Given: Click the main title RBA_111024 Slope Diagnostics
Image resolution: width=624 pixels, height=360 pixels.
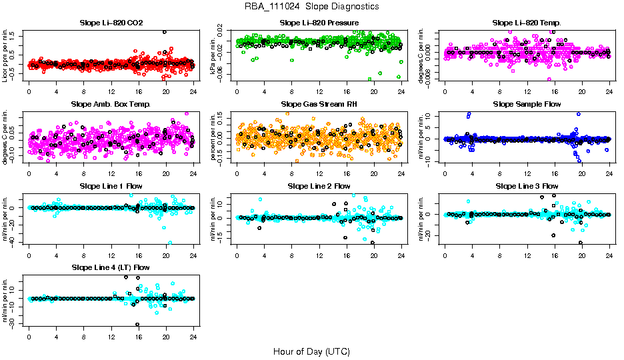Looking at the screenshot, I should coord(312,6).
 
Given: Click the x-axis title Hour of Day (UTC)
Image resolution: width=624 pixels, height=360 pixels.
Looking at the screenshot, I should coord(311,351).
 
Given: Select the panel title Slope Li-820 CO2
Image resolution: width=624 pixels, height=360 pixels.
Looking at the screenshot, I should coord(111,23).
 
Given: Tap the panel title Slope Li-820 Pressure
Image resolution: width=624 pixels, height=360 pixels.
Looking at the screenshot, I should coord(319,23).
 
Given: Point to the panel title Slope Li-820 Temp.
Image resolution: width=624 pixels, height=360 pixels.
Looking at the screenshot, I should coord(527,23).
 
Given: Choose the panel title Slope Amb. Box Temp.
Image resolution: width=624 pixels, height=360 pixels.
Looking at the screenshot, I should coord(111,104).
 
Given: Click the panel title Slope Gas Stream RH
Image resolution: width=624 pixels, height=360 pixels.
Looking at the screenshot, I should coord(319,104).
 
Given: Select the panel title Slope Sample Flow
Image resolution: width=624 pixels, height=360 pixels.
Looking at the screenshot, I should coord(527,104).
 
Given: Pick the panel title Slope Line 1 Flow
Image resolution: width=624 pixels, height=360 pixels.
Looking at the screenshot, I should coord(111,185).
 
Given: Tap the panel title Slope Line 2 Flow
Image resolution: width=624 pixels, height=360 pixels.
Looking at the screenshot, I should coord(319,185).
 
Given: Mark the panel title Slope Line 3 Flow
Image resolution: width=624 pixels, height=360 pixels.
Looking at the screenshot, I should coord(527,185).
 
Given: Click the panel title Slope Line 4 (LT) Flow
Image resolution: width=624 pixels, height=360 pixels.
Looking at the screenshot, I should coord(111,267).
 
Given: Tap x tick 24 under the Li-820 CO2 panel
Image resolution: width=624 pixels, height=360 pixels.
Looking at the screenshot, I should coord(193,91).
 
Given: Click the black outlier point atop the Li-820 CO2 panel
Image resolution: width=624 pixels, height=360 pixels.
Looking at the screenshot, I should coord(165,32).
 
